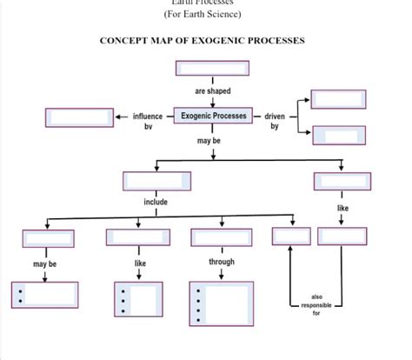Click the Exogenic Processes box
coord(213,116)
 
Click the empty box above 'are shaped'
coord(212,68)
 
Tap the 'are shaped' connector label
coord(213,91)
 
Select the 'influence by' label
coord(147,121)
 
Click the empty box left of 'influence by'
coord(79,117)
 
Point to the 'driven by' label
coord(275,121)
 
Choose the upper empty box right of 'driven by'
coord(338,98)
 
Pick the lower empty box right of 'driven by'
coord(338,135)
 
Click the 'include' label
coord(156,202)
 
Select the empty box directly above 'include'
coord(156,181)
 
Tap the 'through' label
coord(222,261)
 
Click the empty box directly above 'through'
coord(221,237)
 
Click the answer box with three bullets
coord(138,299)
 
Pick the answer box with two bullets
coord(44,295)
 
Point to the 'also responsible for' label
coord(316,304)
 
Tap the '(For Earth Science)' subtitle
coord(203,14)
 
